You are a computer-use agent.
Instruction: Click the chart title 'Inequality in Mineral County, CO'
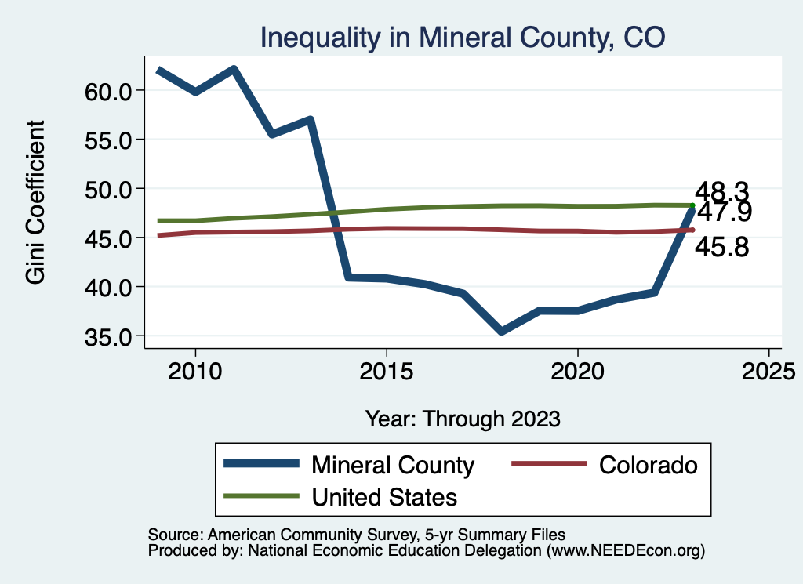(x=463, y=37)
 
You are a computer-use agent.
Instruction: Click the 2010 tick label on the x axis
(x=195, y=371)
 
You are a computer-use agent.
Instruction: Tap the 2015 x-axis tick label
(x=386, y=371)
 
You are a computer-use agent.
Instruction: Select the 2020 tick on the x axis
(x=577, y=371)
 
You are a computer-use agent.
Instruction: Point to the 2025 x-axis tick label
(x=768, y=371)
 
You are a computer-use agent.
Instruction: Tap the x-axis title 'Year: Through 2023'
(x=463, y=419)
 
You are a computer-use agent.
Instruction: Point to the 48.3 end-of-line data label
(x=722, y=190)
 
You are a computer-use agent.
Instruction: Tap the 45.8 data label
(x=722, y=248)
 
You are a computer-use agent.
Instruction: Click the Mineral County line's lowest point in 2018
(x=501, y=332)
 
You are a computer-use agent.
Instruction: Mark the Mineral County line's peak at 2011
(x=234, y=69)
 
